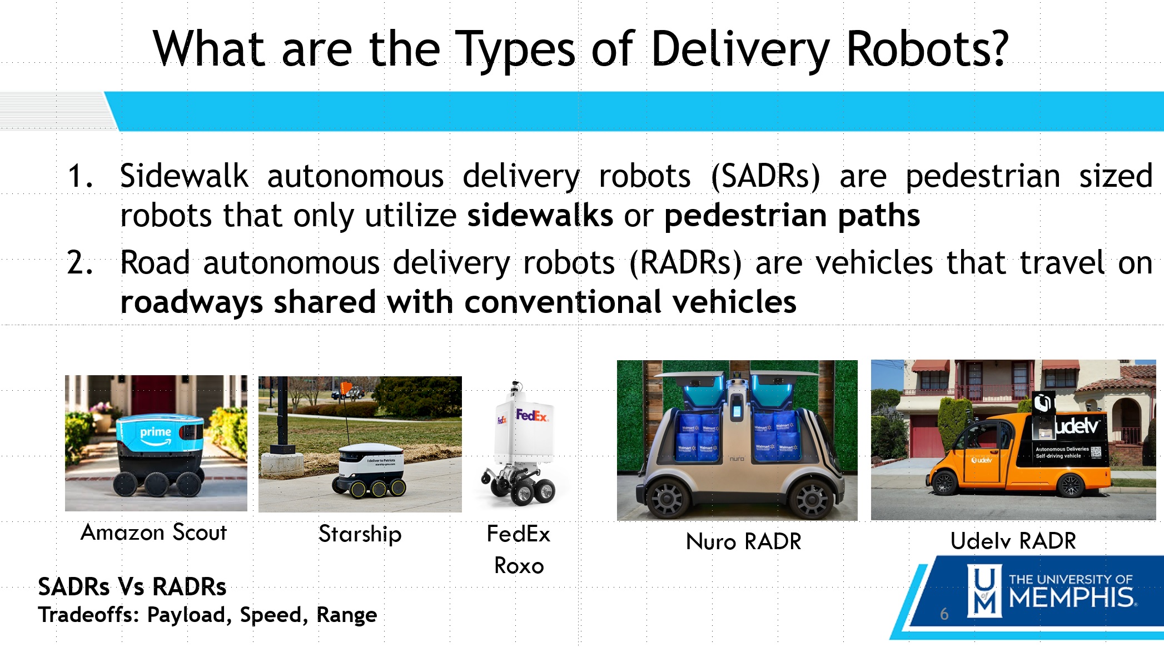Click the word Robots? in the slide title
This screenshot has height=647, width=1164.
[926, 49]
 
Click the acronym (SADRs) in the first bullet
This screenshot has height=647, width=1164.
[765, 177]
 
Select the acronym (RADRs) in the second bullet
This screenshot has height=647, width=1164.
[685, 263]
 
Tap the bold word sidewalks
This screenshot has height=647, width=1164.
[540, 215]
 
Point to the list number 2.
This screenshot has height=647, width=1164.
[80, 263]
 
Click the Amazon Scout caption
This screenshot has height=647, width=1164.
[154, 532]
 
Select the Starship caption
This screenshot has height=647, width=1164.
[360, 534]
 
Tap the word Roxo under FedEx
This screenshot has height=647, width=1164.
[519, 566]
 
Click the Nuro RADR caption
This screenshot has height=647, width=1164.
[744, 541]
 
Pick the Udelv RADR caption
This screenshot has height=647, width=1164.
[1013, 540]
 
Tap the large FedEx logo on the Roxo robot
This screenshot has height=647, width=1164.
[531, 415]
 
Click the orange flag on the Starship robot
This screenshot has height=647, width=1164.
[347, 387]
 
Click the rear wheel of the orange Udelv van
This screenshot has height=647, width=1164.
[1070, 485]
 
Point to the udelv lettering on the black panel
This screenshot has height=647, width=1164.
[1076, 426]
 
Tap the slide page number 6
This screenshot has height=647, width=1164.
[944, 614]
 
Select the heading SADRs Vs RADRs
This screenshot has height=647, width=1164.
[132, 587]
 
